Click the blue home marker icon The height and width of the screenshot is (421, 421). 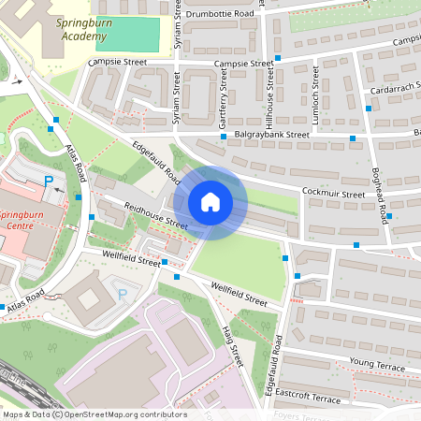tap(210, 201)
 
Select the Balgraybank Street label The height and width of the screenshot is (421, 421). tap(271, 135)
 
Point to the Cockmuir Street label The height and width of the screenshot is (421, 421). tap(333, 194)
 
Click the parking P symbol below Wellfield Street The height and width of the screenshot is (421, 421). tap(122, 295)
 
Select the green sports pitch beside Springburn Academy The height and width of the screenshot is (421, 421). tap(127, 34)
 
